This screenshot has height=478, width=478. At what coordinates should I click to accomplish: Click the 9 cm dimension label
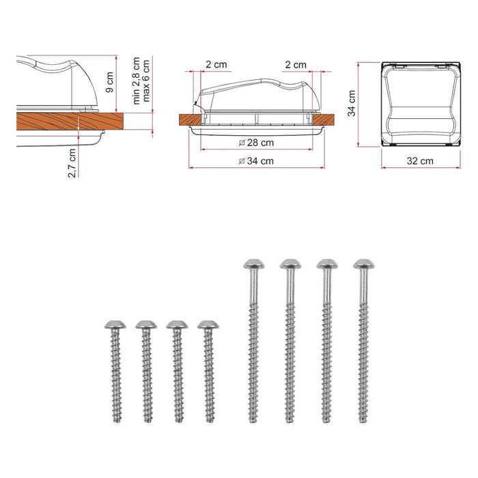pos(109,83)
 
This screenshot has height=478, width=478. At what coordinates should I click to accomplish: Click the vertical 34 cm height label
pos(351,103)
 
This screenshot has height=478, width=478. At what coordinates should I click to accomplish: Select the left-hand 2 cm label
pos(216,65)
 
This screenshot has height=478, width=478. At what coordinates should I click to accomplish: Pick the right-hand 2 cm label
pos(296,65)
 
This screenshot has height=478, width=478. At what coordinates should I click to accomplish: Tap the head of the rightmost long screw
pos(363,264)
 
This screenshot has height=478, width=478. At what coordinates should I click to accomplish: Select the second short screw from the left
pos(145,369)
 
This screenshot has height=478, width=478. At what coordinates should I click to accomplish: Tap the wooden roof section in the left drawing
pos(68,122)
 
